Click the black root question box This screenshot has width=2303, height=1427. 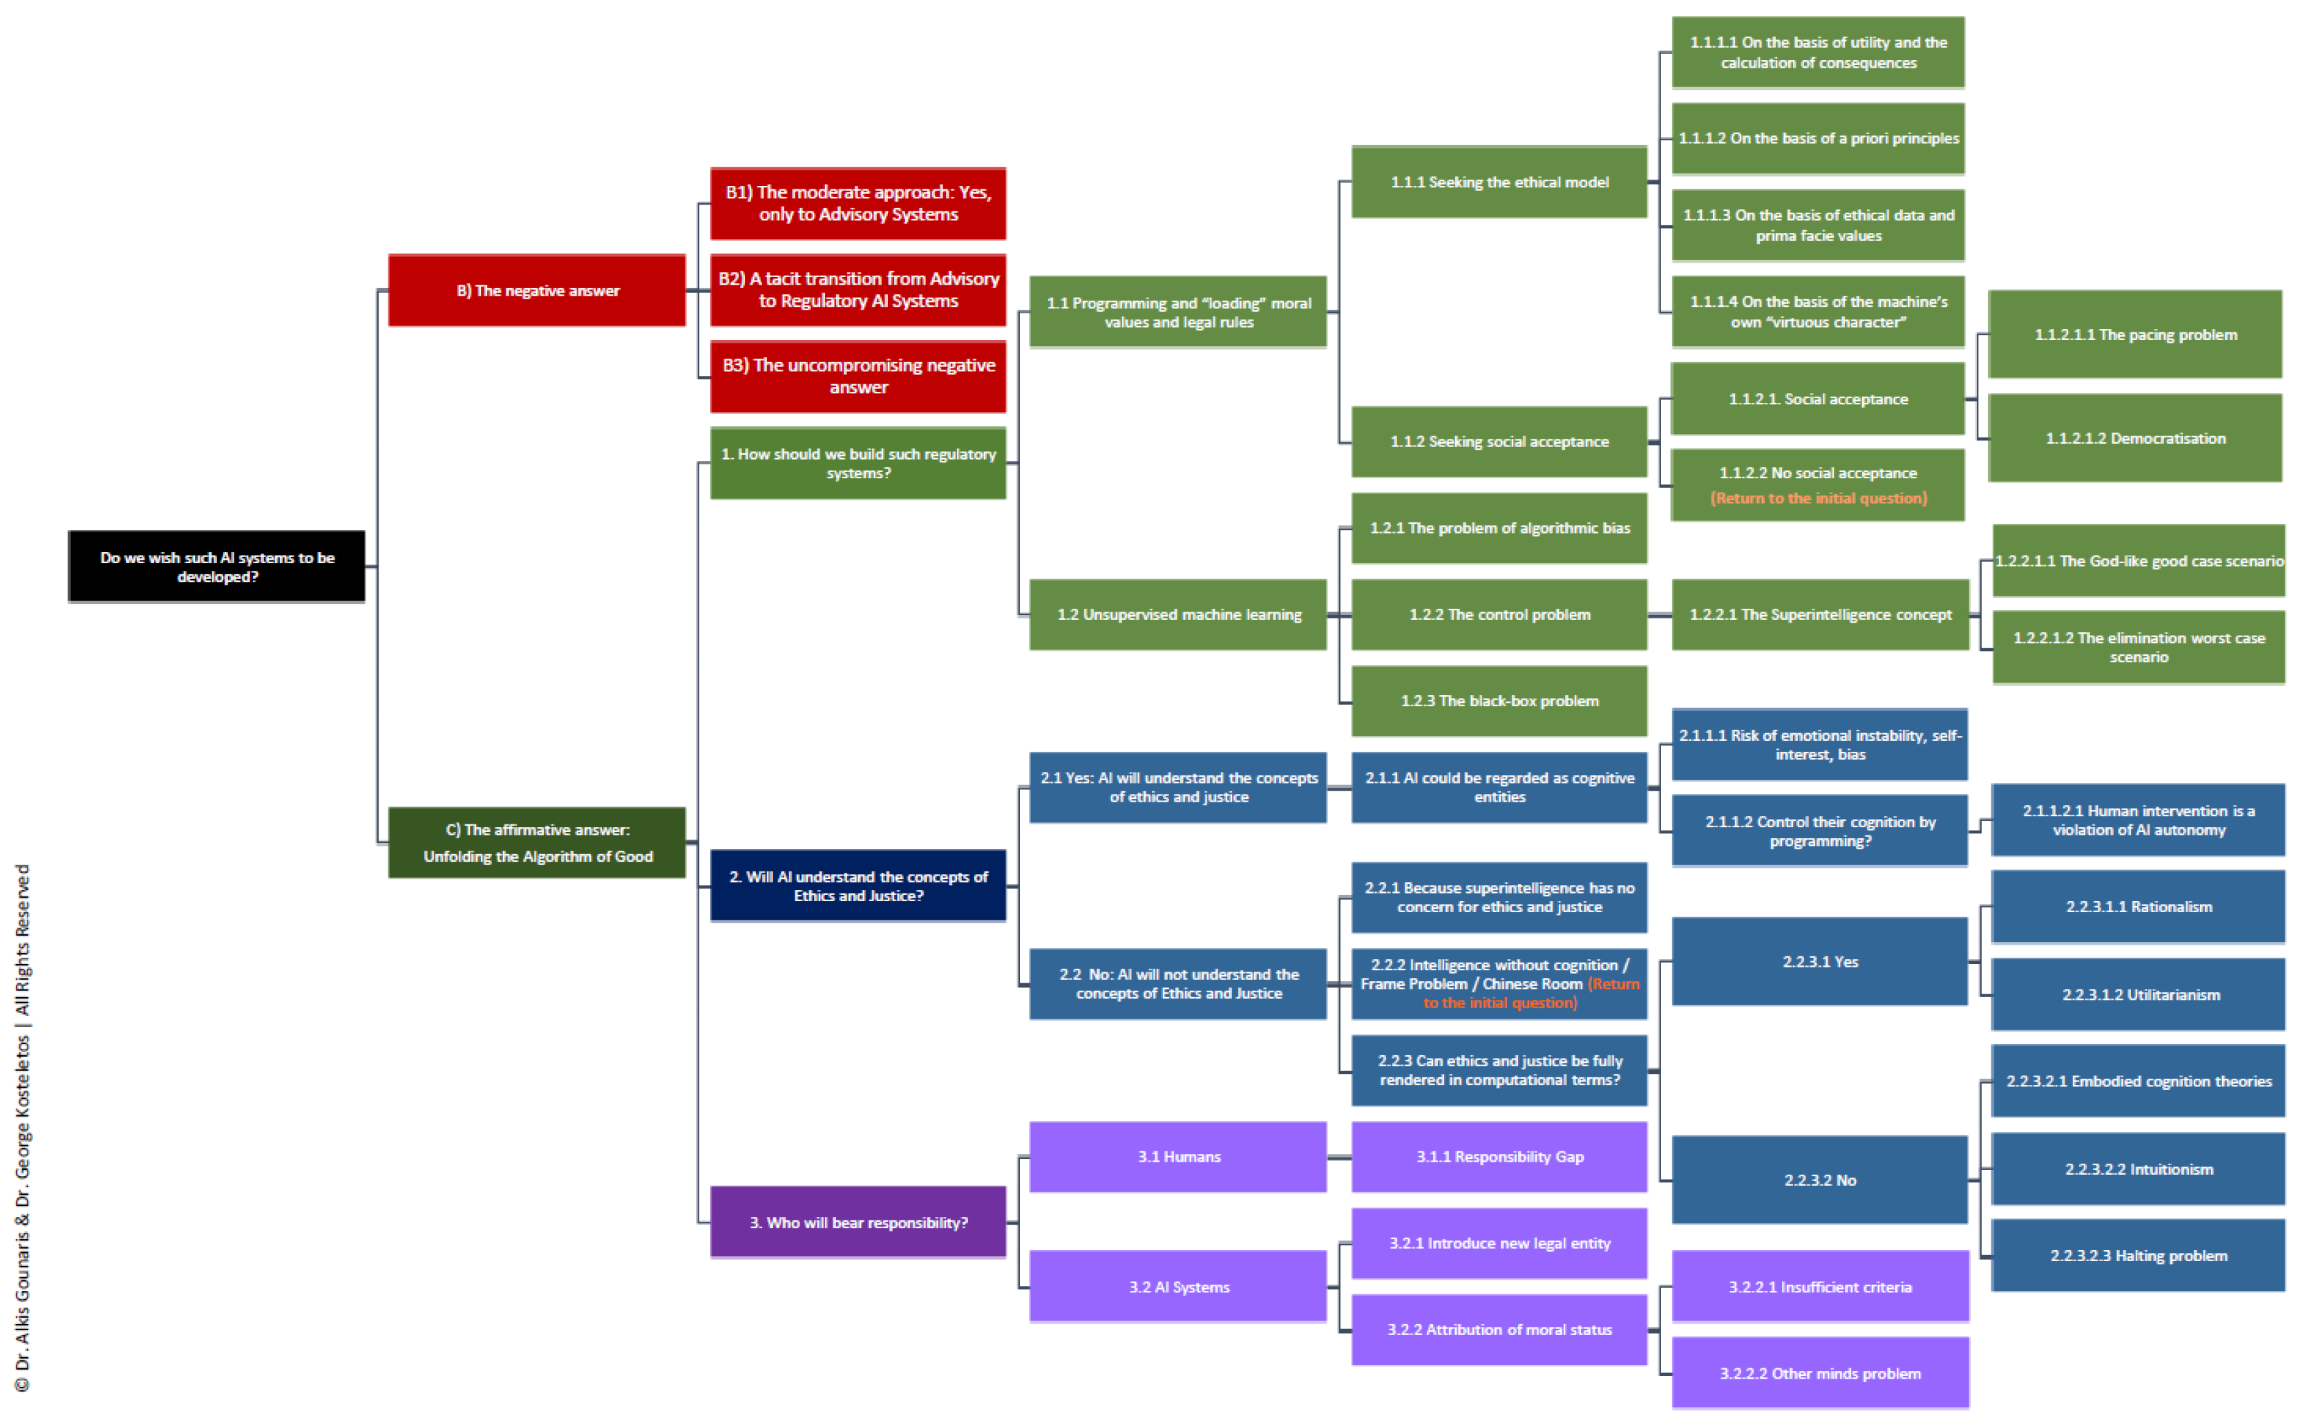coord(216,566)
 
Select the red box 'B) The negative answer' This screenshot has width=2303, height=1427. coord(537,290)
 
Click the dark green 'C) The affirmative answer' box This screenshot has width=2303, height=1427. coord(537,842)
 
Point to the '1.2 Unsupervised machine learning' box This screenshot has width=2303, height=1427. coord(1177,614)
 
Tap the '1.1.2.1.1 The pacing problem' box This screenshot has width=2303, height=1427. coord(2135,334)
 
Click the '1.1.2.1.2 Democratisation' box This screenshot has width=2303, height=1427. coord(2135,438)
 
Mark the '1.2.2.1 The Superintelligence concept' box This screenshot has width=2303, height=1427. coord(1820,614)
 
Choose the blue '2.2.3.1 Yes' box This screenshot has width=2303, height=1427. coord(1820,961)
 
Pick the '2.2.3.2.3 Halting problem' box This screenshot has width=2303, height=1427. coord(2138,1255)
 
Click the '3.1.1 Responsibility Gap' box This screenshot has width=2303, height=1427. coord(1499,1156)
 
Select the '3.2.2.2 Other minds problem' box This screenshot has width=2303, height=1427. coord(1820,1373)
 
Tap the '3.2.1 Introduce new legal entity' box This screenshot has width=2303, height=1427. coord(1499,1243)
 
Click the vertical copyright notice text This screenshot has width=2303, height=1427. coord(23,1128)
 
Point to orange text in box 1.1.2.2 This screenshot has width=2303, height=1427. coord(1818,498)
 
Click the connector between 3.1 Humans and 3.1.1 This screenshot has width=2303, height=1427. coord(1339,1157)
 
